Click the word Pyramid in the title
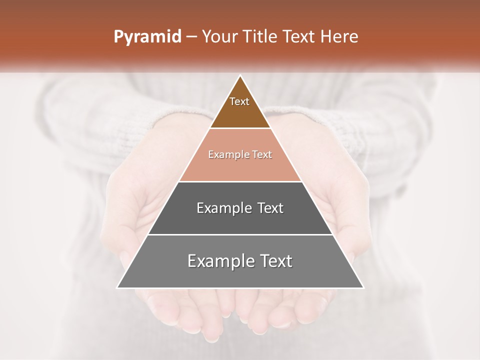click(x=147, y=37)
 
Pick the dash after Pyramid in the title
click(x=191, y=37)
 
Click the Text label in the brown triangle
click(x=239, y=101)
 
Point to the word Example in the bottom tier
click(x=219, y=261)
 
